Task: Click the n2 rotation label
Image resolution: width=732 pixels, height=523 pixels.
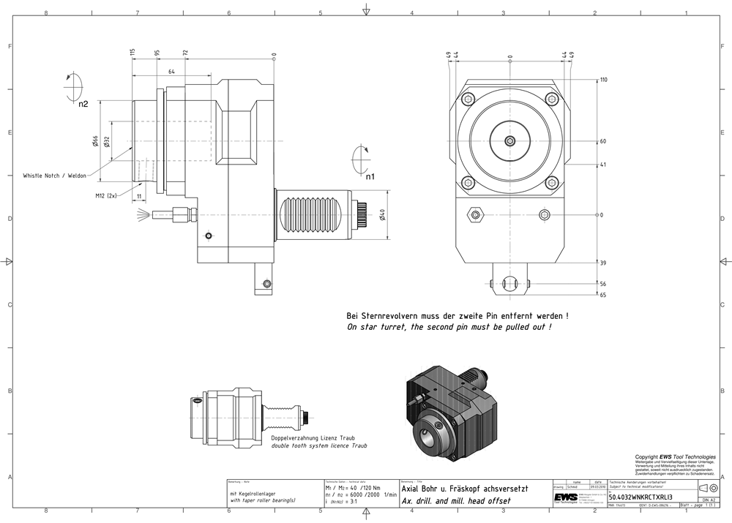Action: [x=83, y=104]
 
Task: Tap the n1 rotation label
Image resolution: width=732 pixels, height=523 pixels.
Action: [x=370, y=176]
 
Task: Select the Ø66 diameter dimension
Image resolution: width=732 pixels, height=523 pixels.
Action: [x=96, y=141]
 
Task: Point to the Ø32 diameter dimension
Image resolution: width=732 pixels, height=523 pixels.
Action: [x=107, y=141]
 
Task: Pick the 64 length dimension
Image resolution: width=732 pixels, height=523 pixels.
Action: [x=171, y=71]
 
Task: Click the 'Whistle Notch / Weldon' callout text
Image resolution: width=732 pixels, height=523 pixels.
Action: [x=54, y=176]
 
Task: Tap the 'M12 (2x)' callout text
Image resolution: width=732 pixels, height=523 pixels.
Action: [x=107, y=196]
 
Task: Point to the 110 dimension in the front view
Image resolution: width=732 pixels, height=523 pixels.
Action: [x=604, y=80]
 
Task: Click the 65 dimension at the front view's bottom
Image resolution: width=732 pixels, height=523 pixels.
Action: [x=602, y=295]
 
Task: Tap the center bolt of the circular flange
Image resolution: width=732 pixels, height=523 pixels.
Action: [x=510, y=141]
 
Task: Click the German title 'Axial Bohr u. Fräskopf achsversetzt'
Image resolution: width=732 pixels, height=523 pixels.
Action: [x=464, y=489]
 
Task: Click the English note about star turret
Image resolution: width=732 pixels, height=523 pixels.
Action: [x=449, y=327]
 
